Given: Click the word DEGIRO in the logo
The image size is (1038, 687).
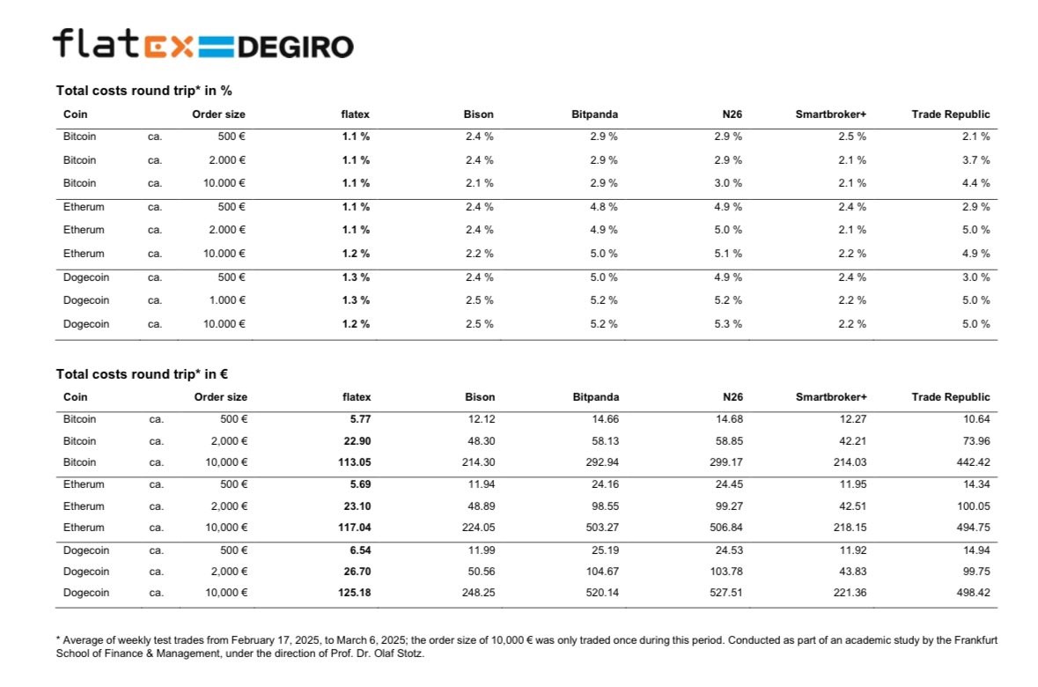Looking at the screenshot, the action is [x=295, y=47].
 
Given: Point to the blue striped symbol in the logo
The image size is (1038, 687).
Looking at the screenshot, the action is [x=216, y=47].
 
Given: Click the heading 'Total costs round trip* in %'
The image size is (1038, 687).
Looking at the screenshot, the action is [x=144, y=91].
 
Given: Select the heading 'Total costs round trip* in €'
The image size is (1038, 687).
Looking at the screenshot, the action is [x=142, y=374].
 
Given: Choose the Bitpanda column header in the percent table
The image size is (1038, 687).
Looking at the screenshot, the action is [x=594, y=114].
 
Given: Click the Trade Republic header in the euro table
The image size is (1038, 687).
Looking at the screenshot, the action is [x=951, y=397].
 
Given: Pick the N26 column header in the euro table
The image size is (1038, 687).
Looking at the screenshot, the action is [x=732, y=397].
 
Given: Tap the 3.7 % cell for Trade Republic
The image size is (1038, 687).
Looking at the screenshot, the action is [x=975, y=160].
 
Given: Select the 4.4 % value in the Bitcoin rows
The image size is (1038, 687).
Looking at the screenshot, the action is [x=975, y=183].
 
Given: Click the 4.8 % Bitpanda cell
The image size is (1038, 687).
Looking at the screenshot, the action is [x=604, y=207].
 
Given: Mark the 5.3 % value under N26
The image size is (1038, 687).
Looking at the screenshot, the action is [x=727, y=324].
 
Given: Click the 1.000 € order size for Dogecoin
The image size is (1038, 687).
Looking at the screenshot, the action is [x=227, y=300].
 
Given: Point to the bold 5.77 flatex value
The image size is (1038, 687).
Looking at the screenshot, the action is [x=360, y=418].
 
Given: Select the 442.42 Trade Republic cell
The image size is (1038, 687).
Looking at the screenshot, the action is [x=973, y=462].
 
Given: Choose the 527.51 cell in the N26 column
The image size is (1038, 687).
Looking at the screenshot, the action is [x=726, y=592].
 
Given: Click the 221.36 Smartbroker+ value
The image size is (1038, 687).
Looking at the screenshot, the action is [x=850, y=592].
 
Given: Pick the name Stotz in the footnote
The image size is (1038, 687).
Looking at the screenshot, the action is [x=409, y=654].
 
